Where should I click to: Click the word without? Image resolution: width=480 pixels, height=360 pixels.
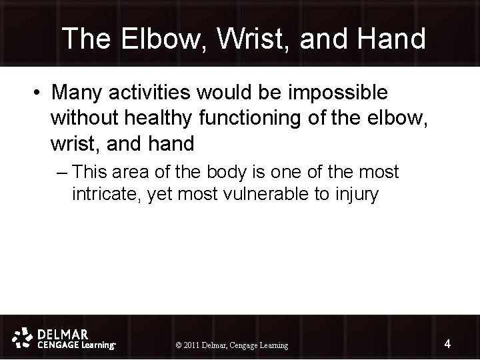click(90, 117)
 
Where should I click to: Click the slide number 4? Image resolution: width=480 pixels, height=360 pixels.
click(447, 344)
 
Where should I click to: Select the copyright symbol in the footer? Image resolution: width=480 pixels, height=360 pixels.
click(178, 345)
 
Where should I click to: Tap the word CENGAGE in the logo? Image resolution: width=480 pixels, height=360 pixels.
click(56, 345)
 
